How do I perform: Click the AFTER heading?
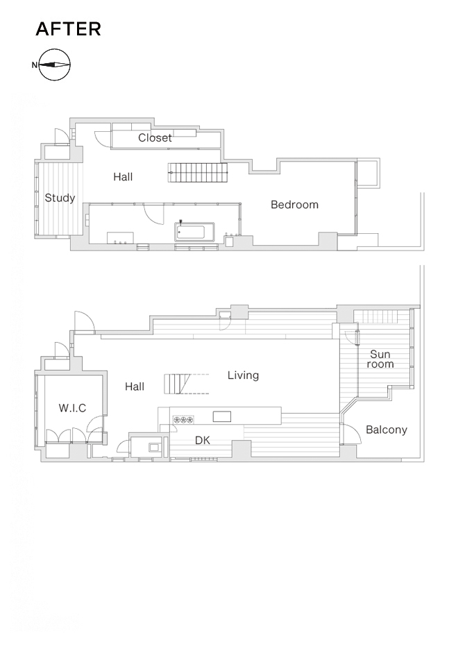pyautogui.click(x=68, y=29)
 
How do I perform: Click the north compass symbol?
pyautogui.click(x=53, y=65)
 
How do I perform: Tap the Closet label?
pyautogui.click(x=155, y=138)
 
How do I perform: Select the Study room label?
pyautogui.click(x=60, y=198)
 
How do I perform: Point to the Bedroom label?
pyautogui.click(x=294, y=205)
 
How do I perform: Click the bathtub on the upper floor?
pyautogui.click(x=194, y=232)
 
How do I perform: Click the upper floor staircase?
pyautogui.click(x=199, y=172)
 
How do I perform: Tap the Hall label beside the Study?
pyautogui.click(x=123, y=177)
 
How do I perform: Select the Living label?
pyautogui.click(x=243, y=375)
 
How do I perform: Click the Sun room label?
pyautogui.click(x=380, y=359)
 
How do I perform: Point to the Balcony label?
pyautogui.click(x=387, y=430)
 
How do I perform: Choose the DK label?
pyautogui.click(x=203, y=440)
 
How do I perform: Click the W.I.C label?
pyautogui.click(x=72, y=408)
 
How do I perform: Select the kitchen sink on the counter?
pyautogui.click(x=222, y=416)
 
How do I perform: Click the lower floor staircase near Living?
pyautogui.click(x=178, y=384)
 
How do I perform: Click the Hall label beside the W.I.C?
pyautogui.click(x=135, y=387)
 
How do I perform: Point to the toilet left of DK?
pyautogui.click(x=154, y=448)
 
